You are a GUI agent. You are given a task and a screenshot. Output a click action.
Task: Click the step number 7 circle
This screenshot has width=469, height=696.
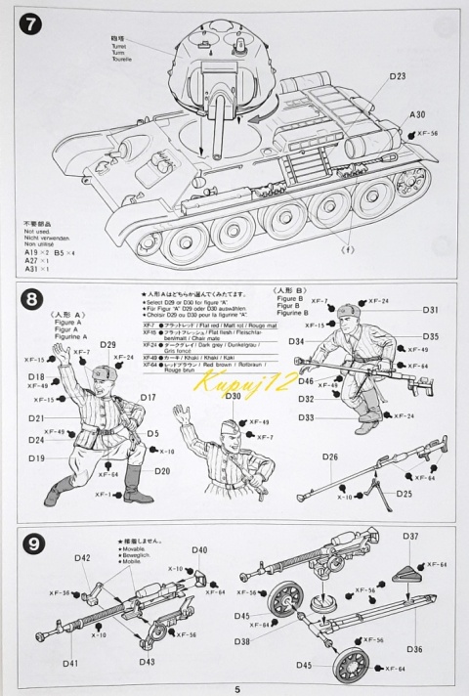tap(33, 26)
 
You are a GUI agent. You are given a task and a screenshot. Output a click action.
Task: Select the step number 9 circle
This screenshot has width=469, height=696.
tap(33, 541)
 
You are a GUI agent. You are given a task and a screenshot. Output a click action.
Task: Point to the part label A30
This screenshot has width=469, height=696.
tap(417, 114)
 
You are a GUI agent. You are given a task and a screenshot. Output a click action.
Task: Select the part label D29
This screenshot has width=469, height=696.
tap(107, 346)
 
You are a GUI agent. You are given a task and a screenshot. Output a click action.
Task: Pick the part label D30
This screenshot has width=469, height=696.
tap(233, 396)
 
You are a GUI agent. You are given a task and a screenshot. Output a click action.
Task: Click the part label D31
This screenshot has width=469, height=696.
tap(431, 310)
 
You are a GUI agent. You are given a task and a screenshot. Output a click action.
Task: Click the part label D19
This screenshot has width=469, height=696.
tap(36, 457)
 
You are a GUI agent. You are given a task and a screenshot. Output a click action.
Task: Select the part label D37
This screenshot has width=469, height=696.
tap(410, 536)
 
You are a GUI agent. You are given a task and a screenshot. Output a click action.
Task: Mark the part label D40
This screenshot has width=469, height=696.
tap(199, 550)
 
